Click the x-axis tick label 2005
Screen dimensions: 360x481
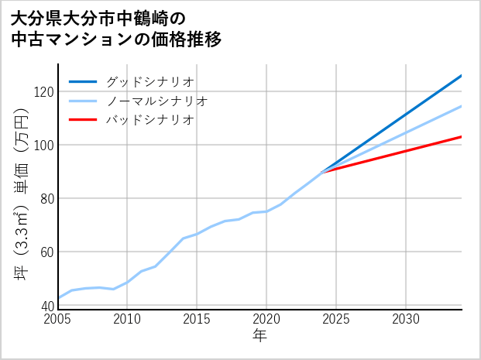pos(58,319)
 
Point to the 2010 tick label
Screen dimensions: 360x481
pos(128,319)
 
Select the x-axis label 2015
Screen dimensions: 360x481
pos(198,319)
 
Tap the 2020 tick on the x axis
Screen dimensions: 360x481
pos(266,319)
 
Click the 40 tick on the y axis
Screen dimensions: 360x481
pos(46,306)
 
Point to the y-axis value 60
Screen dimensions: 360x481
pos(46,252)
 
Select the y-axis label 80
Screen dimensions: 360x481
pos(46,198)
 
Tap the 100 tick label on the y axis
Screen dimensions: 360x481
pos(43,145)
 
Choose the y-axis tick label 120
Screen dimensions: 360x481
pos(43,91)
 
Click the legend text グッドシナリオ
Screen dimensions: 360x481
pos(149,81)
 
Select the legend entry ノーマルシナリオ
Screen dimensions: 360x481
pos(156,101)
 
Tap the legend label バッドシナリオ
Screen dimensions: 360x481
pos(149,120)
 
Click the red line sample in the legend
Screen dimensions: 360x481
pos(83,120)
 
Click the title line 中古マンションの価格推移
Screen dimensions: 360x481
pos(116,40)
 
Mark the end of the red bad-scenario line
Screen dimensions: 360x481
pos(462,136)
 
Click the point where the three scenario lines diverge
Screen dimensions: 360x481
pos(322,172)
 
